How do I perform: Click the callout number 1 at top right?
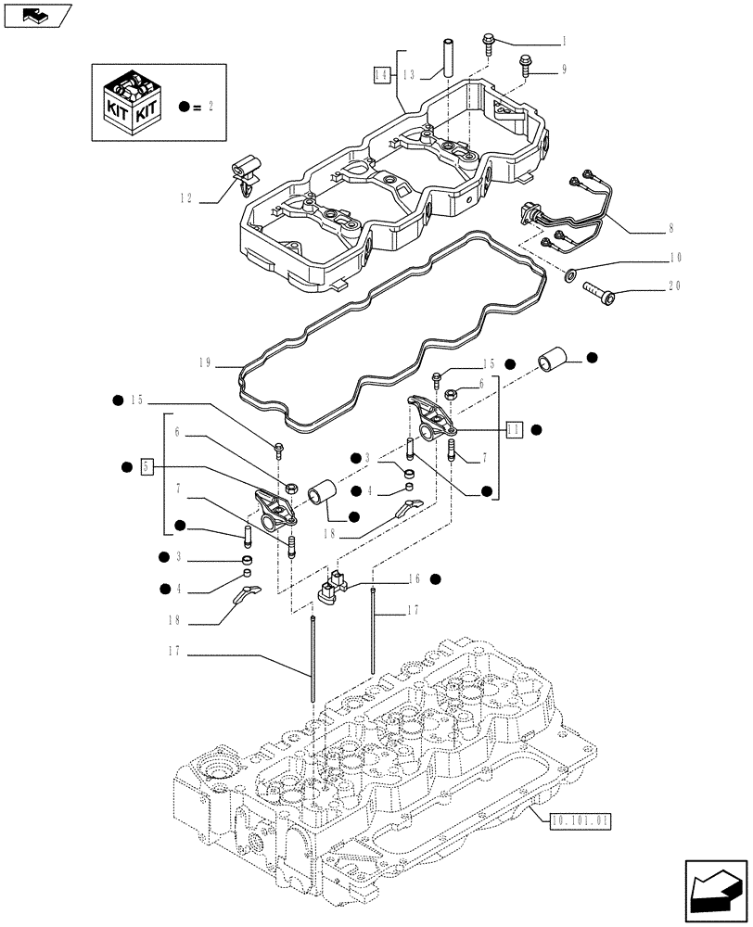(x=563, y=42)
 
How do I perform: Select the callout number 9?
(x=563, y=70)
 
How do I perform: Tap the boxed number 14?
(x=381, y=73)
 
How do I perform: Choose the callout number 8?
(x=670, y=227)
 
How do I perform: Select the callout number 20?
(x=675, y=286)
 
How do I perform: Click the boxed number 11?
(x=515, y=428)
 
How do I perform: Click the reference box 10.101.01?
(x=581, y=819)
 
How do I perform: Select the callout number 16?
(x=413, y=578)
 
